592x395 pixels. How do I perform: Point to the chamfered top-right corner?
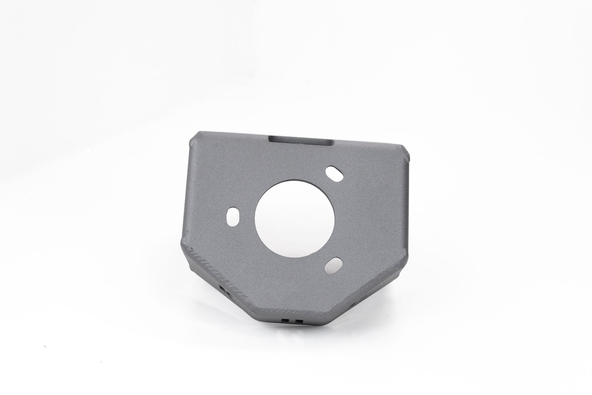click(405, 157)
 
